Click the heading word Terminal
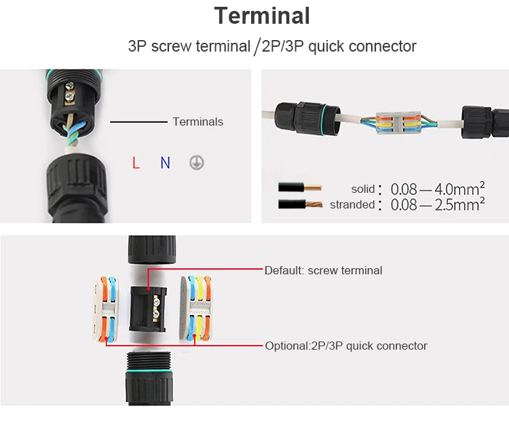262,16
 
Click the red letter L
136,163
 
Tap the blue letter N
165,163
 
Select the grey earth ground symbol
196,163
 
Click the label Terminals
197,122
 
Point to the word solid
363,189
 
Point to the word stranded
352,204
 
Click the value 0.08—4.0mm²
437,188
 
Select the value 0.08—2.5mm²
437,204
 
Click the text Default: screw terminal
323,270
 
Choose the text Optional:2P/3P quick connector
346,346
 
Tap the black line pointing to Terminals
138,122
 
